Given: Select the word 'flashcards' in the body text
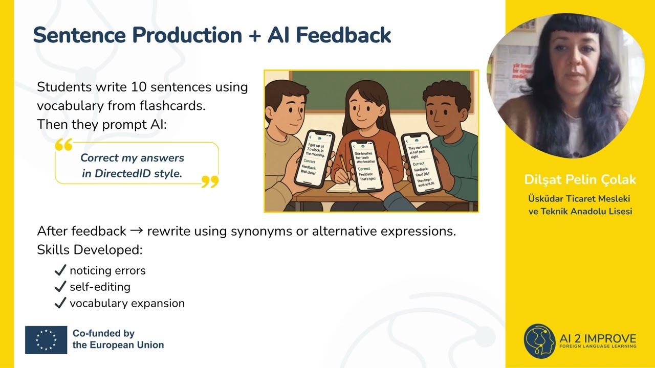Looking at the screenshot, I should pos(172,106).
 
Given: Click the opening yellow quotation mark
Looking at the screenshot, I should pos(63,145).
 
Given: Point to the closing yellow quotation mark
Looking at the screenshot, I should pos(210,181).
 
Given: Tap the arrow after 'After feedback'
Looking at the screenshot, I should pos(136,231).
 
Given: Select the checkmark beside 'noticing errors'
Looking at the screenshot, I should pos(60,270).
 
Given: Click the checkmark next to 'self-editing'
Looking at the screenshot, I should pos(60,287).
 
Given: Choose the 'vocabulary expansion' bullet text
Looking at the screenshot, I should pos(127,303).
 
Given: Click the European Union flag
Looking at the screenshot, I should pos(46,340).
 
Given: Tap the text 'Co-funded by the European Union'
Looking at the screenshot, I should pos(118,339).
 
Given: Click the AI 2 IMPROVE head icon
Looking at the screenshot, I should pos(539,340).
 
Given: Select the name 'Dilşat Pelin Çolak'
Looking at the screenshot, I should pos(580,180).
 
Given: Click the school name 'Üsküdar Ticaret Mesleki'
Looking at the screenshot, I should pos(580,199).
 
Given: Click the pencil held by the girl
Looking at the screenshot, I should pos(345,169).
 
